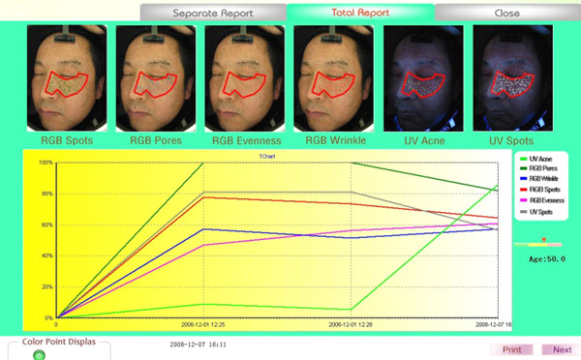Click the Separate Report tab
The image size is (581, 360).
point(213,14)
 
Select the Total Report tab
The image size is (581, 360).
point(360,14)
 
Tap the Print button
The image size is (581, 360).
point(512,349)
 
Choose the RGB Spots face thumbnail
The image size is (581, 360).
point(67,77)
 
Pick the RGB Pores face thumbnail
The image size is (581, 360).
point(156,77)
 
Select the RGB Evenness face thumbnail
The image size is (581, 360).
point(245,77)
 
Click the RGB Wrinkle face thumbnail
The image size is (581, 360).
point(334,77)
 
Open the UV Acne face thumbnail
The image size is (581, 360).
point(423,77)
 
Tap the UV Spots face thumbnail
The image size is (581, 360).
point(512,77)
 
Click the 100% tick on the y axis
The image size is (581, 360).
point(46,163)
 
